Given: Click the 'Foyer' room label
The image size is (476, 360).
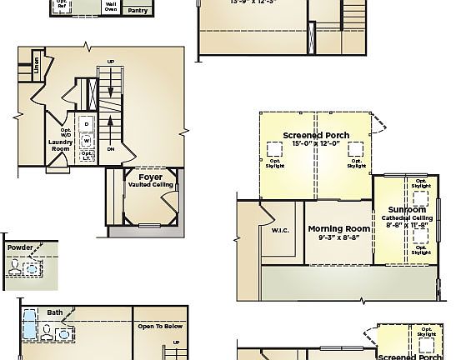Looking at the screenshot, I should [x=150, y=177].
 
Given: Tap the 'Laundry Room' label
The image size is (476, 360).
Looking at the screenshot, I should [x=61, y=145].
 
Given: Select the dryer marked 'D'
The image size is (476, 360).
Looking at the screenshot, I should [x=86, y=122].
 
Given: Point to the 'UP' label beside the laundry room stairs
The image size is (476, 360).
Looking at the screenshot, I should [x=111, y=61].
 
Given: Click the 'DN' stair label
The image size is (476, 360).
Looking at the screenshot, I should [x=111, y=149].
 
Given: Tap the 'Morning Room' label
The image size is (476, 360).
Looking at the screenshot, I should [x=338, y=228].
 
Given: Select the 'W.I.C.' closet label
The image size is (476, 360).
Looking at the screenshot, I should [x=280, y=231].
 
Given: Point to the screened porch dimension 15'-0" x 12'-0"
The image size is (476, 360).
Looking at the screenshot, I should [x=316, y=144].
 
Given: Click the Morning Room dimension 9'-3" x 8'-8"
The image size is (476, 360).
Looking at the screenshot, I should [x=338, y=237].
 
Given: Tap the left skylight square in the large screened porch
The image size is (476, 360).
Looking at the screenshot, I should [x=274, y=150].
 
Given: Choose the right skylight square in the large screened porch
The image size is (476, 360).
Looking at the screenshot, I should [x=356, y=150].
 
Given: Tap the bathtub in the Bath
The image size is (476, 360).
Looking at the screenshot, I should [x=29, y=323].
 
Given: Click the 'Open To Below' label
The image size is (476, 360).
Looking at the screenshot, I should [x=159, y=326].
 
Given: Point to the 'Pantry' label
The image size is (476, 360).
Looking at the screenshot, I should [x=137, y=11].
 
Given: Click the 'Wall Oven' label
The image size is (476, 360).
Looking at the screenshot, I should [x=110, y=8].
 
